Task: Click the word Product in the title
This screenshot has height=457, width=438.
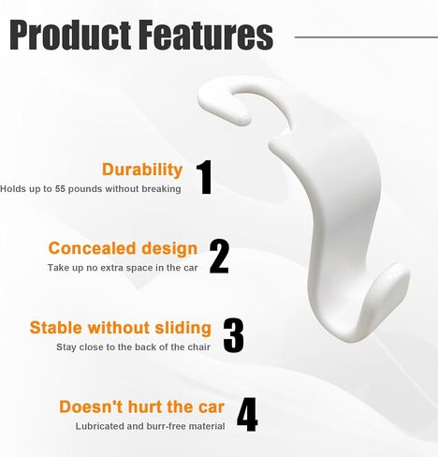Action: point(70,35)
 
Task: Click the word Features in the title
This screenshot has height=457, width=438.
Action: point(206,35)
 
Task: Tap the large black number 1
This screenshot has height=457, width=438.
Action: point(204,177)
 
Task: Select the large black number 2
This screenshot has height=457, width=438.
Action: point(219,257)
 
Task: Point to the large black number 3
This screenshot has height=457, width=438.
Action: point(233,335)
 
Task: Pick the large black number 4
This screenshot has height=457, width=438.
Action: point(247,414)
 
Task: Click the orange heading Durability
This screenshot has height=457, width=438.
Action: point(142,170)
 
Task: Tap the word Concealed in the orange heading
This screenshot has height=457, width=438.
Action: point(93,248)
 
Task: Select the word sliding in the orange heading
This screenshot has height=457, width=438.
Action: point(183,328)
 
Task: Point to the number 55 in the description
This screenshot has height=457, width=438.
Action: point(60,189)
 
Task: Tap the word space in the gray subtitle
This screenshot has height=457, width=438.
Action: point(140,268)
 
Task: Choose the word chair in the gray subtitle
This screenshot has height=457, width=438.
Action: point(198,347)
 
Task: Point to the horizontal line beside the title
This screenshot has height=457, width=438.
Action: point(366,37)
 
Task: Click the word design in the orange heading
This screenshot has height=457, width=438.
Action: point(169,249)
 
